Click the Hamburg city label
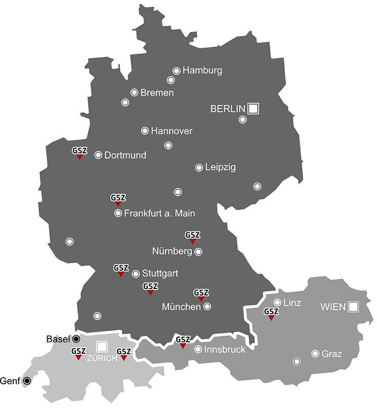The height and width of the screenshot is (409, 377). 202,70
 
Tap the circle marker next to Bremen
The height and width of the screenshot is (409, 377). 134,92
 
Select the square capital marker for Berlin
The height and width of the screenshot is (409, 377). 254,108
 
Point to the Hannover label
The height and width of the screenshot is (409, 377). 172,131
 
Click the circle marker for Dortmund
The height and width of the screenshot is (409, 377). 98,155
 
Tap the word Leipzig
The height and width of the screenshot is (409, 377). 220,167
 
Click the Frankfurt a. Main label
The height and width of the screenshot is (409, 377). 159,214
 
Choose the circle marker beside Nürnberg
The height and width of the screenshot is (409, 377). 198,251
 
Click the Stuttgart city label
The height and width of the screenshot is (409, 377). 160,274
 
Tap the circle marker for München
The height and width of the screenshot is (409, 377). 207,306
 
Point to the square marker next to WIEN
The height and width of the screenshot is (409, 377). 353,306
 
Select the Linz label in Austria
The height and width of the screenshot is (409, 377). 292,303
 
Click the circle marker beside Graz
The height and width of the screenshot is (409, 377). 315,353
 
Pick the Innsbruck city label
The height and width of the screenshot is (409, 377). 225,350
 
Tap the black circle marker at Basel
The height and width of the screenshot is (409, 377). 76,339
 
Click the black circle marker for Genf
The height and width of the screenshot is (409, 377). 26,380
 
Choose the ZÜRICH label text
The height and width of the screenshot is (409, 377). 102,358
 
